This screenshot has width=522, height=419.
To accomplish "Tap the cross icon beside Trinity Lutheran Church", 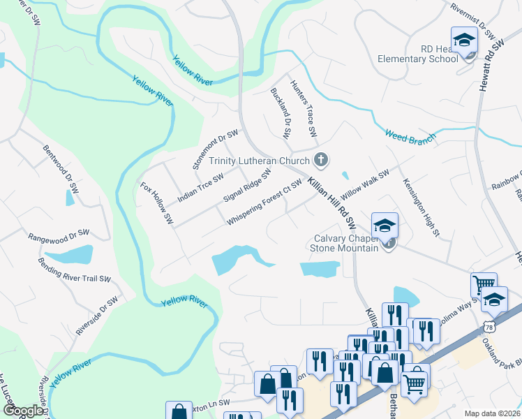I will point(320,161).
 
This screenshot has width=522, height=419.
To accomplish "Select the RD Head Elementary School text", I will point(418,54).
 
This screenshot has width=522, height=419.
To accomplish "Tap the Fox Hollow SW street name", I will point(156,203).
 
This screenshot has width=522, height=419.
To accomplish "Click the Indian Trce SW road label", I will point(200,188).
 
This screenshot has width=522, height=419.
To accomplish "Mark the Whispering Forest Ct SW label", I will point(264,203).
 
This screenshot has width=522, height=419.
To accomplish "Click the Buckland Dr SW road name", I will point(281,112).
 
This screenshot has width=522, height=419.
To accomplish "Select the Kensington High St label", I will point(420,206).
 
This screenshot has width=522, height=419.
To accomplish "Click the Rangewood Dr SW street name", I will point(59,235).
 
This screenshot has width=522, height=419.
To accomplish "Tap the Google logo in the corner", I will point(23,411).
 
